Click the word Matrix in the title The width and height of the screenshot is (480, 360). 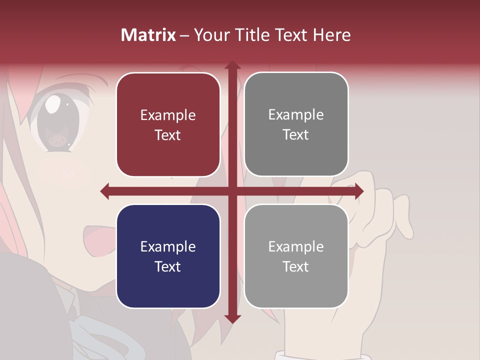[x=148, y=35]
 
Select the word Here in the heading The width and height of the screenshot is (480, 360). [x=332, y=35]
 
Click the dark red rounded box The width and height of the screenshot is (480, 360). [x=168, y=124]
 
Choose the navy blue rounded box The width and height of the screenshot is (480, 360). [x=168, y=256]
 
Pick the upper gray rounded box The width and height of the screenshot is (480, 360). [x=296, y=124]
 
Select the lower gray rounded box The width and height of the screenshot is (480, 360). [x=296, y=256]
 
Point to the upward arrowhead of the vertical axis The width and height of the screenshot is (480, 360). [x=232, y=65]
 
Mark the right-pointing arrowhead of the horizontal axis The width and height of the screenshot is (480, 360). [x=359, y=191]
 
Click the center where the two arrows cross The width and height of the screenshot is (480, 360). [x=232, y=191]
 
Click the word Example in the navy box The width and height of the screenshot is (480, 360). [x=168, y=246]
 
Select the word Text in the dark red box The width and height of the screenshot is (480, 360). [x=168, y=135]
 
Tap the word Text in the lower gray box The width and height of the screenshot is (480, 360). [x=296, y=266]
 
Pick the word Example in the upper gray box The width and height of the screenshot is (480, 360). [x=296, y=114]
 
